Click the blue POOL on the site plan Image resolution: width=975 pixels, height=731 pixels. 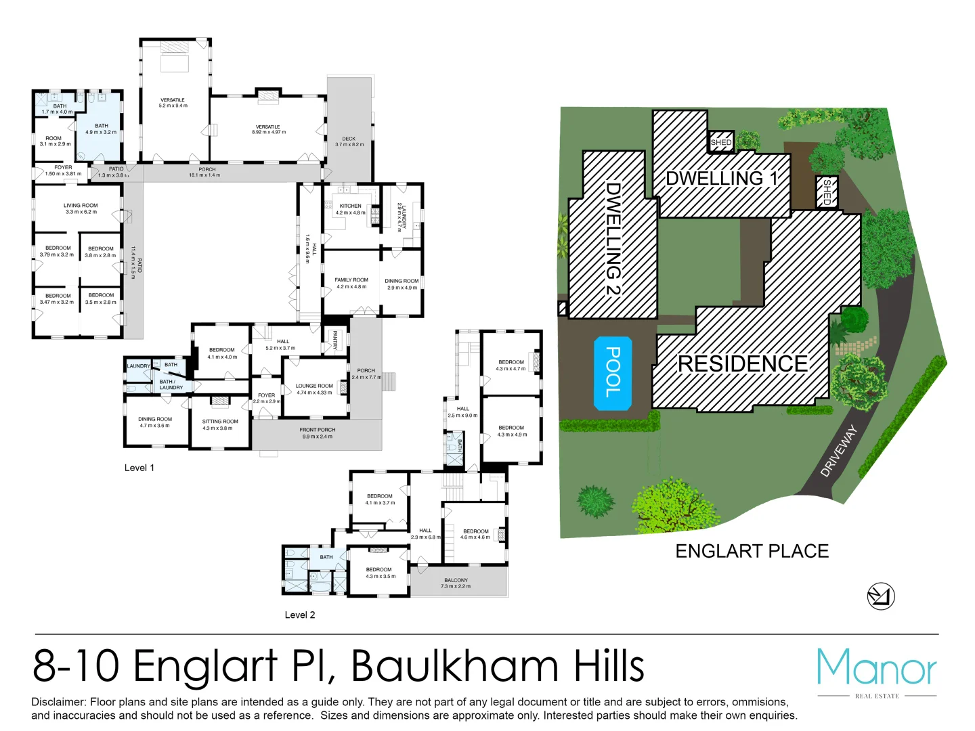click(612, 373)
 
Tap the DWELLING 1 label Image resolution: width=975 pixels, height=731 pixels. click(722, 179)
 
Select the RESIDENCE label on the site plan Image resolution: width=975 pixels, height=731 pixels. click(743, 364)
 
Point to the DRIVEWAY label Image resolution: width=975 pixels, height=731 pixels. click(839, 451)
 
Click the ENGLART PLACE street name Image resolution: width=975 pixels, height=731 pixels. click(752, 552)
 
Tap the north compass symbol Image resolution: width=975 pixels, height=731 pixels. click(881, 596)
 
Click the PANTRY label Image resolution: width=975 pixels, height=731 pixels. click(334, 340)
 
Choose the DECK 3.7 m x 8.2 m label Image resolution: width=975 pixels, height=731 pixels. click(349, 141)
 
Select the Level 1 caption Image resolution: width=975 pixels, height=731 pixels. click(139, 468)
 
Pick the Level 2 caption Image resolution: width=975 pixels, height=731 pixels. click(300, 615)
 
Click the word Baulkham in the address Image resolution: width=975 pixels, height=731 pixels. click(454, 666)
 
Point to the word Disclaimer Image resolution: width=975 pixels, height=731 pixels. click(59, 703)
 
